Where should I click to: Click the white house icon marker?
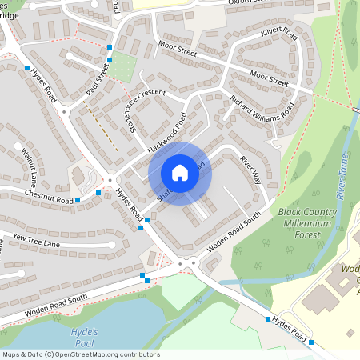[x=180, y=173]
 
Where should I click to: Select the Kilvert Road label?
[x=279, y=36]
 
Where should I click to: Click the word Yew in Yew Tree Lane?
[x=18, y=238]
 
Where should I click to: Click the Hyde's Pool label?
[x=84, y=336]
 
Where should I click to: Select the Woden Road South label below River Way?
[x=234, y=233]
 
